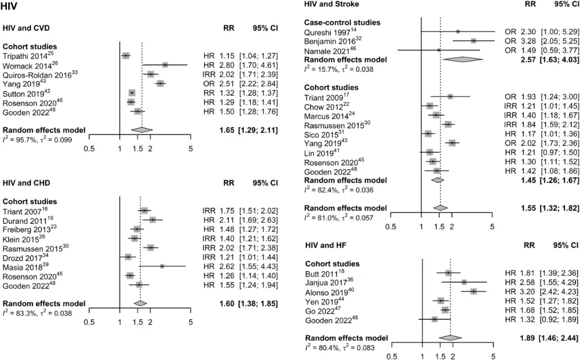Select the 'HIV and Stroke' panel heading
pos(331,5)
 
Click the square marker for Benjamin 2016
pos(474,41)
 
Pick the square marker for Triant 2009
pos(450,97)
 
